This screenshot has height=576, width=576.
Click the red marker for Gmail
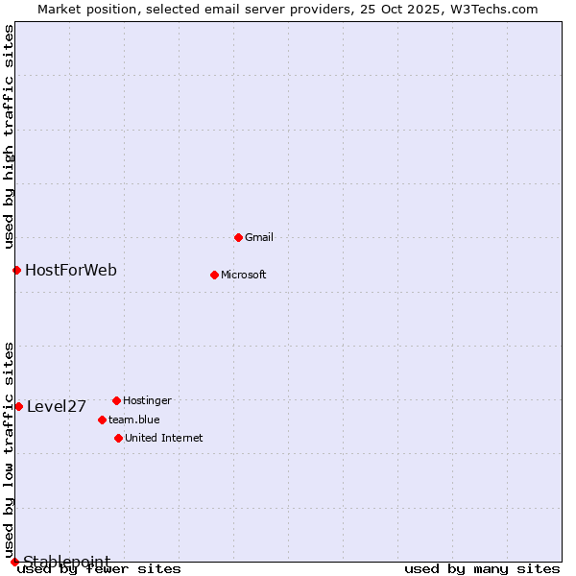(x=238, y=237)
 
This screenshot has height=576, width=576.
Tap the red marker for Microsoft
(x=214, y=275)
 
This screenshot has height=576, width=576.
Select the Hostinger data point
(x=116, y=400)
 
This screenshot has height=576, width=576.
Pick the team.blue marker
(x=102, y=420)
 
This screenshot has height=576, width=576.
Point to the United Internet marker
(x=118, y=438)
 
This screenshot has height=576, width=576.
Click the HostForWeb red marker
(x=16, y=270)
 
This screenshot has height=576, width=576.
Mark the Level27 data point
(x=18, y=406)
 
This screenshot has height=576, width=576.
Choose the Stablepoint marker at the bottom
(x=14, y=562)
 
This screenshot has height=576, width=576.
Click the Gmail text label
(x=259, y=237)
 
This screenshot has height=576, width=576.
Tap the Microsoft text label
(x=244, y=275)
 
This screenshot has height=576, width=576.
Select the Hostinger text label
(x=147, y=400)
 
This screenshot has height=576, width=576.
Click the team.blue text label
(x=134, y=420)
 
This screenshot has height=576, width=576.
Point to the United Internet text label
(x=164, y=438)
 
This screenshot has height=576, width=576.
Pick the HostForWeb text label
(x=71, y=270)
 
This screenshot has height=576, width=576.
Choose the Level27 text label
(x=57, y=406)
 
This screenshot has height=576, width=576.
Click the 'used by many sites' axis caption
(x=482, y=569)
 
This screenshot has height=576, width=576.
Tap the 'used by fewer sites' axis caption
(x=100, y=569)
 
